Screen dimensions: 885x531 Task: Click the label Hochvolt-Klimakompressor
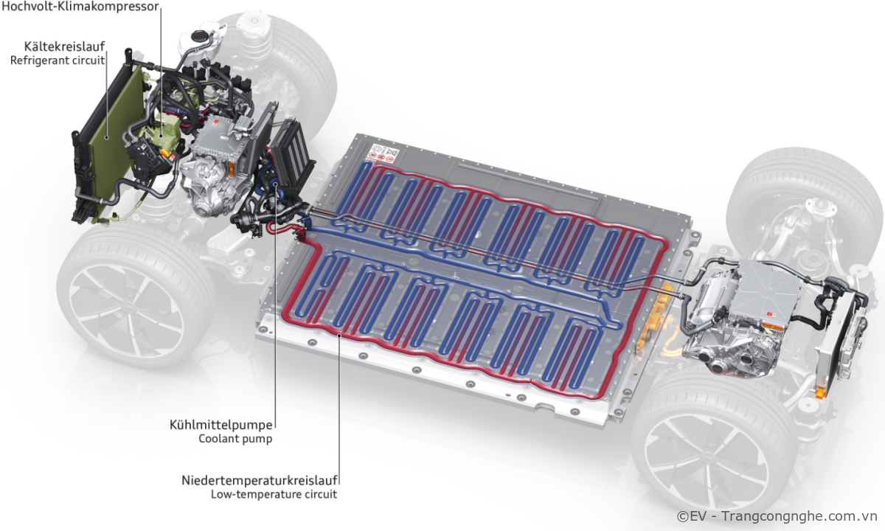tap(80, 7)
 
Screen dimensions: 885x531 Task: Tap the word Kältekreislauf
tap(65, 46)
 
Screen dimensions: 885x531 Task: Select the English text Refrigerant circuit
tap(58, 60)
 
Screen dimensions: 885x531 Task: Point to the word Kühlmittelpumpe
tap(221, 425)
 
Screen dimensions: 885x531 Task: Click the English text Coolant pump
tap(235, 439)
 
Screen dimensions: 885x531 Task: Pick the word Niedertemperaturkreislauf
tap(260, 480)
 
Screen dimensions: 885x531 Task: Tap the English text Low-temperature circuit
tap(274, 494)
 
